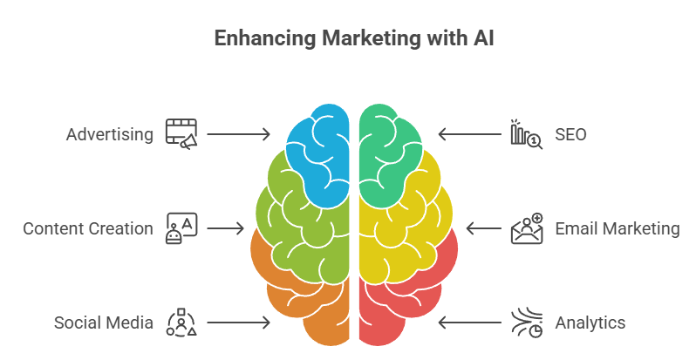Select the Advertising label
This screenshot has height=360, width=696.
click(x=110, y=134)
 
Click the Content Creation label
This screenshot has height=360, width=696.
click(x=88, y=228)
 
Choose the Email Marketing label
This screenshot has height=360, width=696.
click(x=617, y=228)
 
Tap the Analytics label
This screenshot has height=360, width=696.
click(x=590, y=323)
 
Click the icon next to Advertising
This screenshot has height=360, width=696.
click(x=181, y=134)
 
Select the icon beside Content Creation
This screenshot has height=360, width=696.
click(x=181, y=228)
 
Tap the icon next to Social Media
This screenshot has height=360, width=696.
click(x=181, y=323)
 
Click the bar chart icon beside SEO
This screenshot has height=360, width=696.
click(x=526, y=134)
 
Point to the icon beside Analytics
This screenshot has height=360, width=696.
click(x=526, y=323)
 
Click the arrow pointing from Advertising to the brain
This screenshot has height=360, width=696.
click(x=238, y=134)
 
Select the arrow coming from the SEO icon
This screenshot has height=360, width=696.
click(x=469, y=134)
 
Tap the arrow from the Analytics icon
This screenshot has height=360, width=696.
click(x=469, y=323)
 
